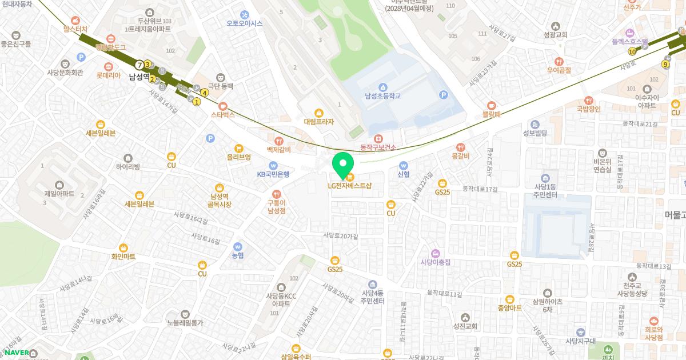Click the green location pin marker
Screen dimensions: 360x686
click(342, 164)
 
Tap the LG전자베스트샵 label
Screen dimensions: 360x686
click(349, 186)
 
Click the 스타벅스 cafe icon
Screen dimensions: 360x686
click(223, 105)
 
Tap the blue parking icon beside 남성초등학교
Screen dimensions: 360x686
click(443, 95)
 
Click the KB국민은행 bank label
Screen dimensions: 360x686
click(273, 174)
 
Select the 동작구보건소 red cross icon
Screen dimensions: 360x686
click(378, 139)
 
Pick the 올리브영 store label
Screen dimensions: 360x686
click(239, 157)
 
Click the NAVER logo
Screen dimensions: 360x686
click(17, 353)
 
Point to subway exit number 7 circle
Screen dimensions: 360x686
click(139, 64)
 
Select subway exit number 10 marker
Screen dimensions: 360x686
click(632, 51)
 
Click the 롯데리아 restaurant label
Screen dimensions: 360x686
click(108, 75)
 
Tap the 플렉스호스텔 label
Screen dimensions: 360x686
click(629, 42)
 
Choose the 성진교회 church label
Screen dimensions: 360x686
click(465, 327)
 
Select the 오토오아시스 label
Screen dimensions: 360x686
click(245, 23)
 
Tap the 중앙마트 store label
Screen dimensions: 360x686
click(509, 307)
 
